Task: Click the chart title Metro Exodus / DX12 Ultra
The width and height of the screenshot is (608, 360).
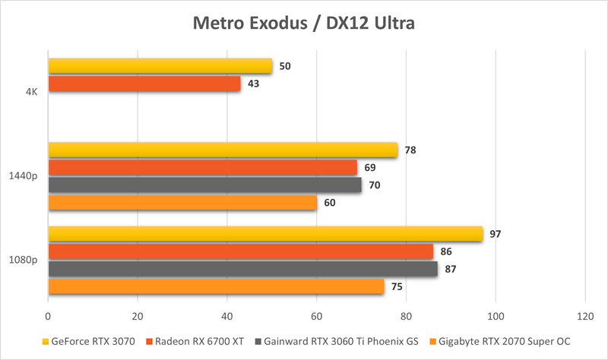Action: (x=303, y=24)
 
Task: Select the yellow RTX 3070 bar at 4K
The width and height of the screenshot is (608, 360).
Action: (x=160, y=66)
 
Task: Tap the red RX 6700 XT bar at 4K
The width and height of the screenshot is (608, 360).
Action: (x=144, y=84)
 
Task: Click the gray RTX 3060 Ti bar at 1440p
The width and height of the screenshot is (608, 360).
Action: (x=204, y=185)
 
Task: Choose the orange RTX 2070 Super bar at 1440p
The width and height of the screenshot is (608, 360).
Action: (x=182, y=202)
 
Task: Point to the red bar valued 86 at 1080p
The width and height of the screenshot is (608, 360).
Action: (x=240, y=252)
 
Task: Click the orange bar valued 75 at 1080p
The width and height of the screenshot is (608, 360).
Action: (x=216, y=286)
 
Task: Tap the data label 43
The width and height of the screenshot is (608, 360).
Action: (x=254, y=84)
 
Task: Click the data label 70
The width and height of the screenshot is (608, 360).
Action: (x=375, y=185)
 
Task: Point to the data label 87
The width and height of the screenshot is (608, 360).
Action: (x=451, y=269)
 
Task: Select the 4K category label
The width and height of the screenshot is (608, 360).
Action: (x=31, y=93)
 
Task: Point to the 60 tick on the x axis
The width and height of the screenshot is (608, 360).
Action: (x=316, y=316)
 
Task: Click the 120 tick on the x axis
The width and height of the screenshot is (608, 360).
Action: (x=584, y=316)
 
